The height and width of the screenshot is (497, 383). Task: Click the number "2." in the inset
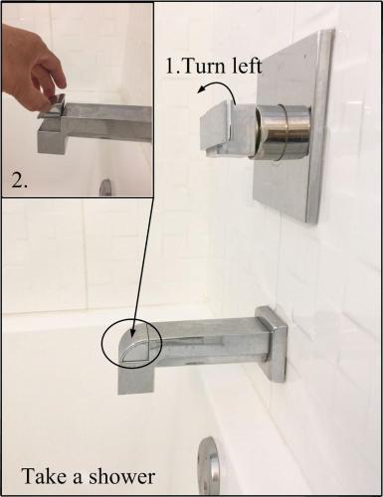click(x=19, y=180)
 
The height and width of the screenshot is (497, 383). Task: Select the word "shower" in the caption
click(x=122, y=477)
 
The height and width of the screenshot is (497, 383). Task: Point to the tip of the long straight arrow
click(x=131, y=337)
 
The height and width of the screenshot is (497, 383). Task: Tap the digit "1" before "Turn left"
click(x=170, y=67)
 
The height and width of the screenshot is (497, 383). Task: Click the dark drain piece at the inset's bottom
click(x=105, y=188)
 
